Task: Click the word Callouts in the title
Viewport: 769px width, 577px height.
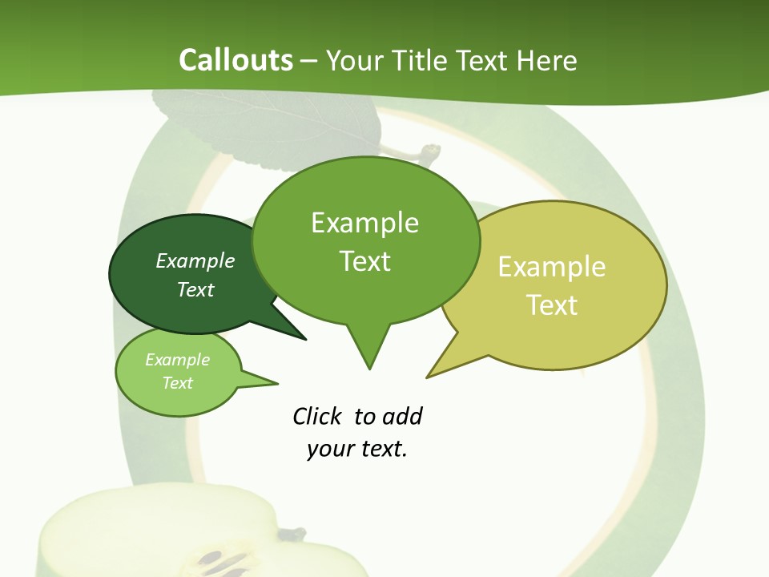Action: click(x=236, y=60)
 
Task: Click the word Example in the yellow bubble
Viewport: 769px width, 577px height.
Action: click(x=552, y=267)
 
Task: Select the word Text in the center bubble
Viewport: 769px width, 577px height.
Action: click(x=365, y=261)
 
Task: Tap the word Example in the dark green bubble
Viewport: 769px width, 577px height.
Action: click(x=195, y=260)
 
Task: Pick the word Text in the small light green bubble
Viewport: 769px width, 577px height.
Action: click(x=178, y=383)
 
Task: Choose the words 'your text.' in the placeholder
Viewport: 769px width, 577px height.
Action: click(x=357, y=449)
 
